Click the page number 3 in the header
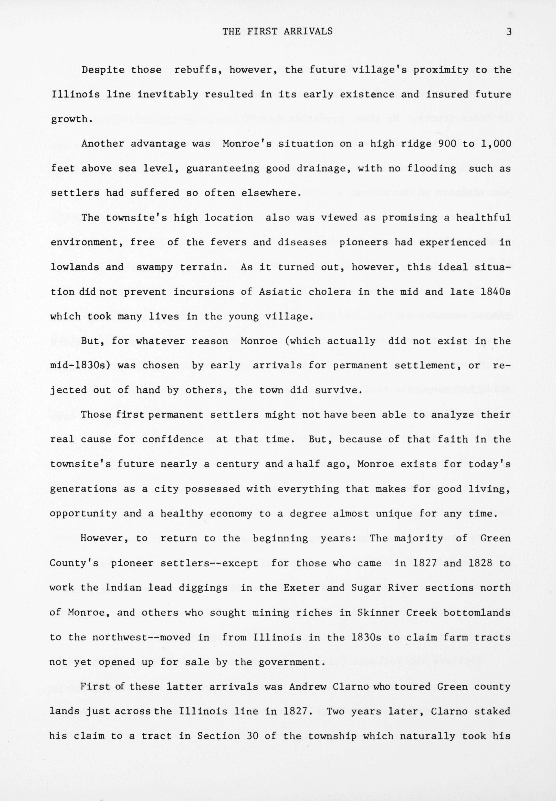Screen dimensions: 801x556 tap(509, 32)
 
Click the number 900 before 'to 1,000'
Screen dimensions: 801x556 tap(444, 144)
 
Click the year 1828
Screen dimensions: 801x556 tap(480, 563)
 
